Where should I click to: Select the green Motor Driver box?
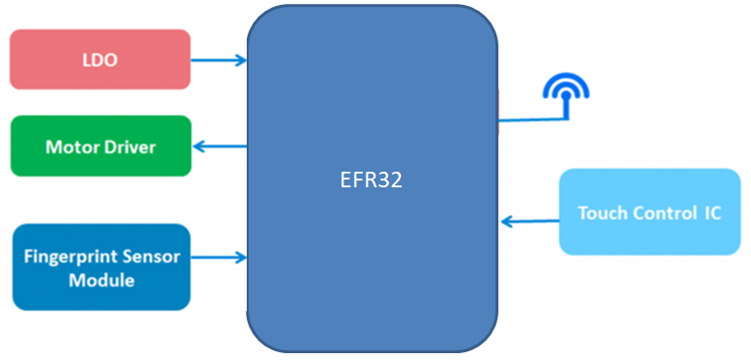pyautogui.click(x=99, y=146)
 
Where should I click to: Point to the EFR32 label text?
pyautogui.click(x=372, y=181)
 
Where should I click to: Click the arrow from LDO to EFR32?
pyautogui.click(x=218, y=60)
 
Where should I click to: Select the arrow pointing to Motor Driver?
pyautogui.click(x=219, y=146)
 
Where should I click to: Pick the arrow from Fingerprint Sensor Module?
pyautogui.click(x=218, y=258)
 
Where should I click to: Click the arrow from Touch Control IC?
pyautogui.click(x=529, y=221)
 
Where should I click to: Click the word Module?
pyautogui.click(x=101, y=280)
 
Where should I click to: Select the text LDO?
pyautogui.click(x=99, y=60)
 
